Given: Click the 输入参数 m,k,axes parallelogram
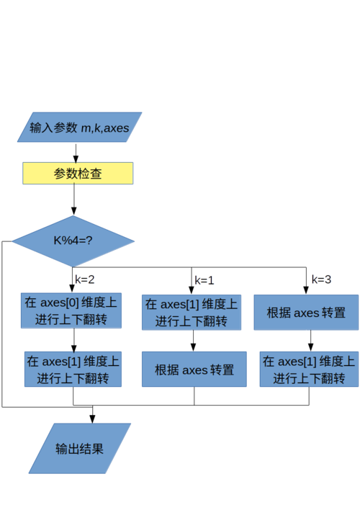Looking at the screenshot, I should [79, 127].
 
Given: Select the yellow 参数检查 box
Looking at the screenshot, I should [78, 174].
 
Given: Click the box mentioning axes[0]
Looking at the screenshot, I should [71, 310].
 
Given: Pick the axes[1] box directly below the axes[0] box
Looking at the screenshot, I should [72, 369].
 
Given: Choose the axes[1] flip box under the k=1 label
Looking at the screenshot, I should [191, 312].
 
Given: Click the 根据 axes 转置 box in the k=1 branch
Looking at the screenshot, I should [194, 370].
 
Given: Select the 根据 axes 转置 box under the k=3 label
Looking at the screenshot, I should [306, 312].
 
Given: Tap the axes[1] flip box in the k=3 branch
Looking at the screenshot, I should [307, 369].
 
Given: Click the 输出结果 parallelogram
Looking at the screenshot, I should [79, 448].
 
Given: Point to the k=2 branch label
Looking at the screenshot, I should [85, 279].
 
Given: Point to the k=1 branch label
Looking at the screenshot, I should [205, 279].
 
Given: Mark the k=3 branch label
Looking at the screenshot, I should [322, 279].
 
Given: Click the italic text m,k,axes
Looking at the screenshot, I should [104, 127].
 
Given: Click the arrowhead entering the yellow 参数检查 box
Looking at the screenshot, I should [76, 157].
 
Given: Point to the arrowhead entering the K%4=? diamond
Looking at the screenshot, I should [73, 210].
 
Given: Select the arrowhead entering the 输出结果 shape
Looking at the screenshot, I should [91, 419].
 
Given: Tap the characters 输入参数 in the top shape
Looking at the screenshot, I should [53, 127].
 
